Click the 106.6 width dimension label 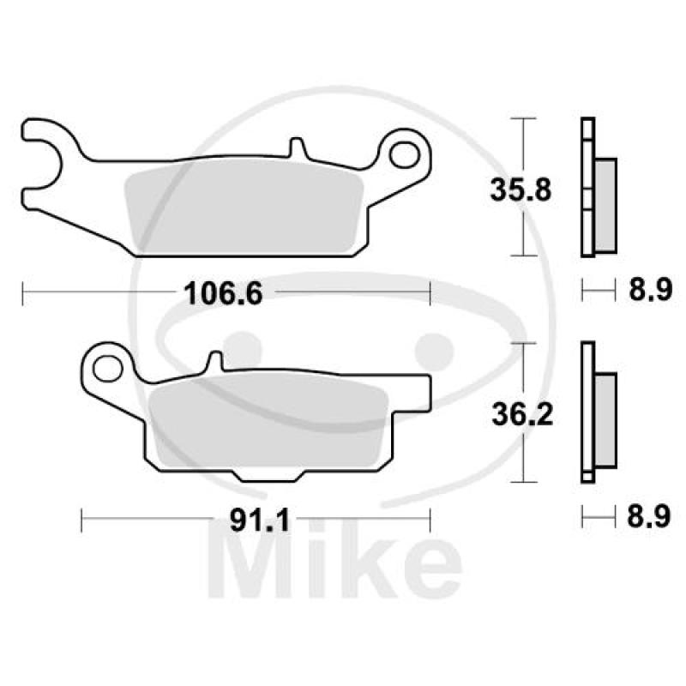pos(223,293)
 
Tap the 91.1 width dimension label pos(260,521)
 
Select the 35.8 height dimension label pos(521,190)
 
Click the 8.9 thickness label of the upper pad pos(650,289)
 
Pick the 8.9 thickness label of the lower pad pos(649,517)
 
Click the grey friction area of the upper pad pos(244,206)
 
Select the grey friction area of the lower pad pos(268,424)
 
